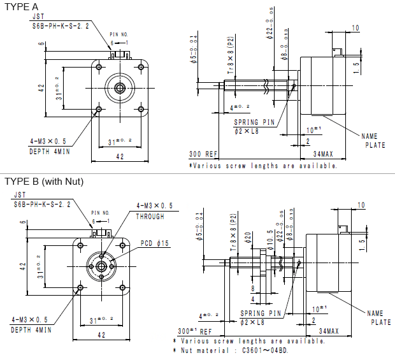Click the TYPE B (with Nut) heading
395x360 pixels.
tap(44, 182)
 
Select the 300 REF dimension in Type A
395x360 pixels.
tap(203, 154)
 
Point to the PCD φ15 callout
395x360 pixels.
tap(155, 243)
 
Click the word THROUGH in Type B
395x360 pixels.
tap(150, 216)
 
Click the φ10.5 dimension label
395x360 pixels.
tap(270, 240)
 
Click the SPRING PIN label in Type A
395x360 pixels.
tap(255, 122)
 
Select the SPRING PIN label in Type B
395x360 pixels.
tap(261, 313)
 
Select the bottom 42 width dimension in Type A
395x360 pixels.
tap(119, 156)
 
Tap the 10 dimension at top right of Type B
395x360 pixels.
tap(361, 205)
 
